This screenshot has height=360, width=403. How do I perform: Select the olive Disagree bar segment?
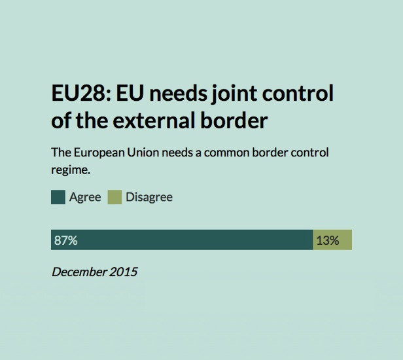coord(332,240)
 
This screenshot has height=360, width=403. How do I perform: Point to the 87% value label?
coord(65,240)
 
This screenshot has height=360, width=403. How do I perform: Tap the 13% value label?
coord(327,240)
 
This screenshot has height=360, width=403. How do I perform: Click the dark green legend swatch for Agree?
coord(58,197)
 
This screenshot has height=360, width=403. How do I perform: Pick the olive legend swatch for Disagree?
coord(114,197)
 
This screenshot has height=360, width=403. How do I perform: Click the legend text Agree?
coord(85,197)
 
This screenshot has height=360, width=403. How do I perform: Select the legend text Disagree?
coord(149,197)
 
